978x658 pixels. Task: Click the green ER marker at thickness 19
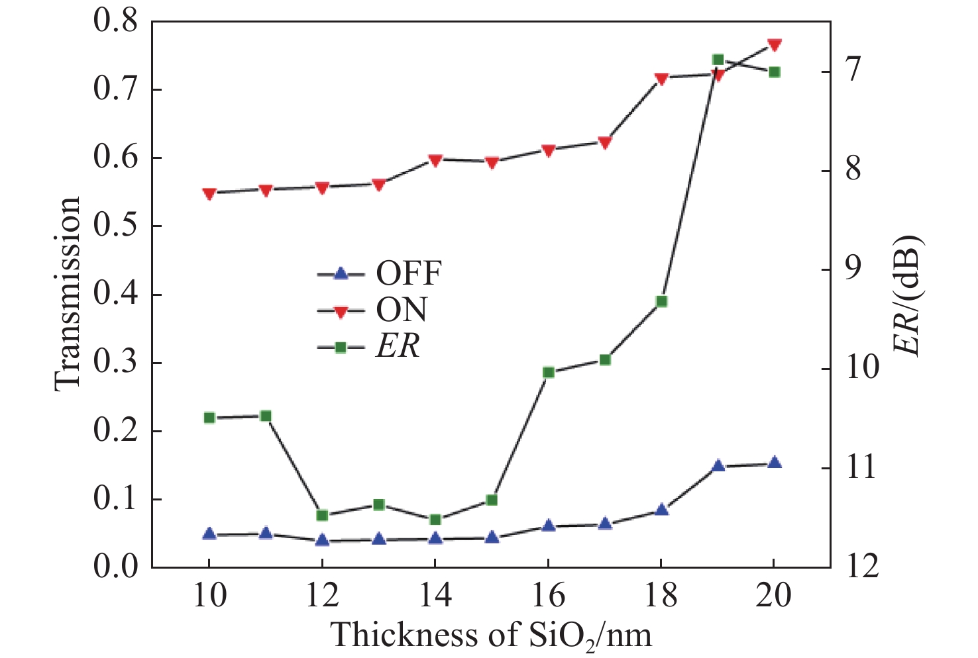pos(717,60)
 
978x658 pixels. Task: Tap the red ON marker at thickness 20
pos(773,45)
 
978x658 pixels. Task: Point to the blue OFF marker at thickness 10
pos(209,534)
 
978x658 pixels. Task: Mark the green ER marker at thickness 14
pos(435,520)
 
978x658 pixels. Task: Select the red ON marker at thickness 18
pos(661,79)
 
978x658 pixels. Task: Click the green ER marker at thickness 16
pos(548,373)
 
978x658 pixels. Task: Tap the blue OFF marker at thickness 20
pos(773,463)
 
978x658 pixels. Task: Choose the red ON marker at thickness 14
pos(435,160)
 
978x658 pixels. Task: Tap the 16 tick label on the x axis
pos(548,595)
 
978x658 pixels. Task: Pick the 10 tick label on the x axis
pos(209,595)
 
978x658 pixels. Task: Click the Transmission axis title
pos(68,293)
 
